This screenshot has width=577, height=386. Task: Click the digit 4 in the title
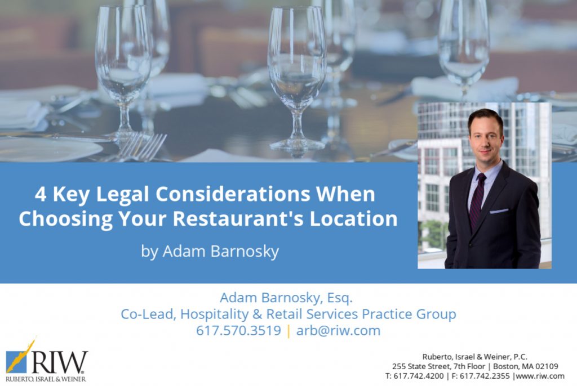(x=41, y=194)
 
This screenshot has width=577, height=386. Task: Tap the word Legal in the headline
(x=122, y=195)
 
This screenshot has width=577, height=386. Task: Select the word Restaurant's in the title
(x=238, y=218)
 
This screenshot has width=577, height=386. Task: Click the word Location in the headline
(x=354, y=218)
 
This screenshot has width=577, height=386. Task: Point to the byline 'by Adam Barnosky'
(x=210, y=252)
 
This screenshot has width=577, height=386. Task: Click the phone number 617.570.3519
(x=238, y=330)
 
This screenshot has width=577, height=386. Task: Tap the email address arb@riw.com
(x=338, y=330)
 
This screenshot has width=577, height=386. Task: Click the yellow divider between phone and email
(x=288, y=330)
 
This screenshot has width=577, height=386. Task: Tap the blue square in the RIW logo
(x=16, y=362)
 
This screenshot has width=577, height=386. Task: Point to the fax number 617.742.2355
(x=485, y=376)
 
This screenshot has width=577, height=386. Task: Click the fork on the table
(x=141, y=146)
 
